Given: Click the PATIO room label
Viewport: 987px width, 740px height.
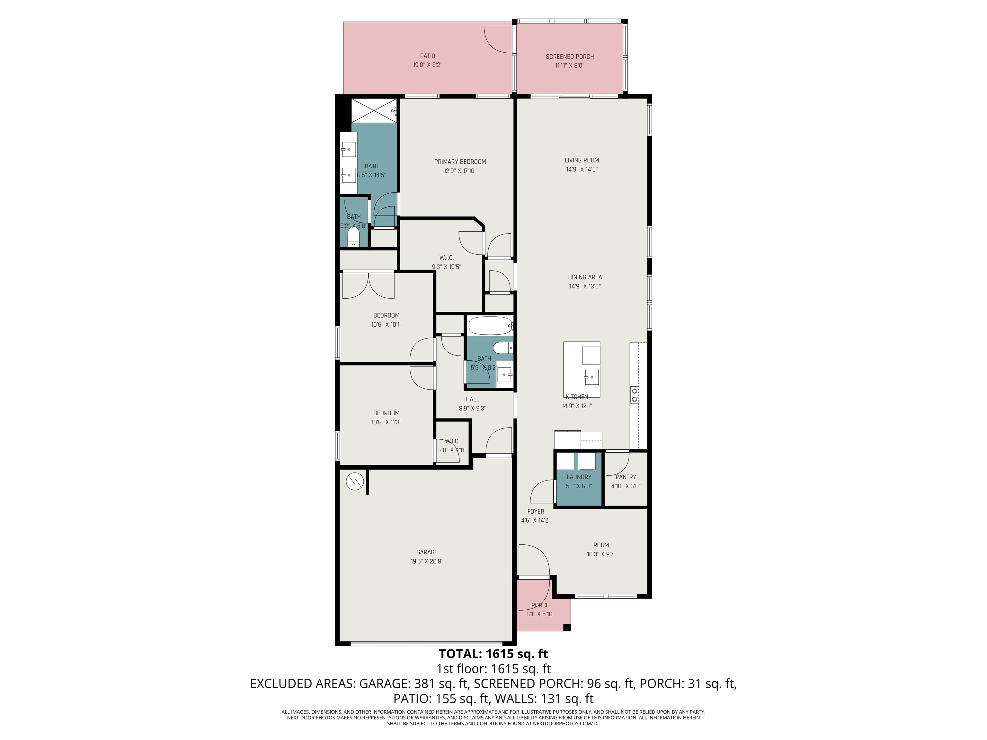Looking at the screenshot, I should coord(427,56).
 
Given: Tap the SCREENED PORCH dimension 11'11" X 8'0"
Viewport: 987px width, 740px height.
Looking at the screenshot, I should coord(569,66).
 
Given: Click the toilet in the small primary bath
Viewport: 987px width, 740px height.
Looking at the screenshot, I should coord(353,238).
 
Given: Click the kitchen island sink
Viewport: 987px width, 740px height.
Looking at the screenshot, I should coord(591,377).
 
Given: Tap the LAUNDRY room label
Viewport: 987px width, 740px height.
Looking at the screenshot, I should coord(579,477).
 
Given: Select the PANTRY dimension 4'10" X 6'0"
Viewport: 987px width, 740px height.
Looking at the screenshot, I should coord(626,486).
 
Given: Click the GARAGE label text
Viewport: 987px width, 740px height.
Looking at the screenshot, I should coord(427,552).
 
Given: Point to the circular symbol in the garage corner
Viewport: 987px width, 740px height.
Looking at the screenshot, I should coord(355,481).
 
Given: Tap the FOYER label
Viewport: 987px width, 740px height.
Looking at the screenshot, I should coord(536,512).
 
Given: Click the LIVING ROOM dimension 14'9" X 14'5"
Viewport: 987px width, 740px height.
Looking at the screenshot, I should coord(582,170).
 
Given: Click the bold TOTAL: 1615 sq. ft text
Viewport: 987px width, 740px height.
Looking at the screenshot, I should coord(493,654).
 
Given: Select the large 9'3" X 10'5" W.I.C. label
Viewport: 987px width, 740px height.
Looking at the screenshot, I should coord(446,258).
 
